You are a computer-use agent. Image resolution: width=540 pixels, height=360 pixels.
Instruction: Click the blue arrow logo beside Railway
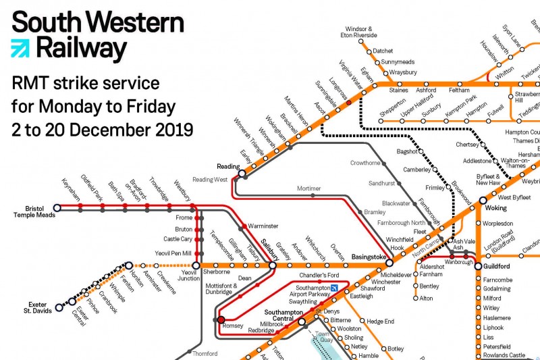pos(21,49)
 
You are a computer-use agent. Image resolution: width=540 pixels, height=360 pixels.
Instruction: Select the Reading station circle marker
pos(241,174)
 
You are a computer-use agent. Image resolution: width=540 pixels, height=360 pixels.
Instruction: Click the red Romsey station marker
pos(221,319)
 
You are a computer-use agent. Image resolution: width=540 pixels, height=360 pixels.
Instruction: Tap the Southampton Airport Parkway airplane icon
pos(334,289)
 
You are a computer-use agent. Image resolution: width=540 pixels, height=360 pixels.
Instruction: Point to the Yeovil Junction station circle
pos(196,265)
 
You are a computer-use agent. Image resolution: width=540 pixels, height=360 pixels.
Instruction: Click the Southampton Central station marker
pos(302,322)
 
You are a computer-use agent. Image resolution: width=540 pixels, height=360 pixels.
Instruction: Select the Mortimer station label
pos(309,188)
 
